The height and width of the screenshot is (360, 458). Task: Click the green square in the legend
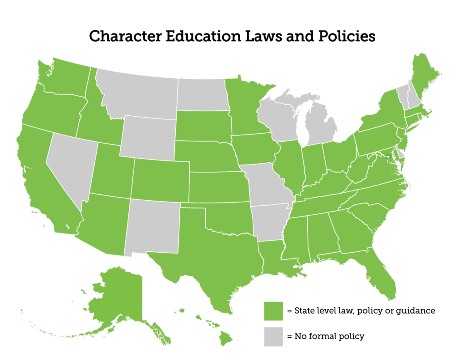click(274, 311)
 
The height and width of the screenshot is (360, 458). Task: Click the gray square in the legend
click(274, 336)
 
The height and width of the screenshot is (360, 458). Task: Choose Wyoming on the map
click(148, 136)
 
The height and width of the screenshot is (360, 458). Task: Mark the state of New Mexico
click(152, 226)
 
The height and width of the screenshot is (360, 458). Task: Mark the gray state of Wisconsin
click(277, 121)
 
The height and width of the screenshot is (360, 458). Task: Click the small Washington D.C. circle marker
click(388, 157)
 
